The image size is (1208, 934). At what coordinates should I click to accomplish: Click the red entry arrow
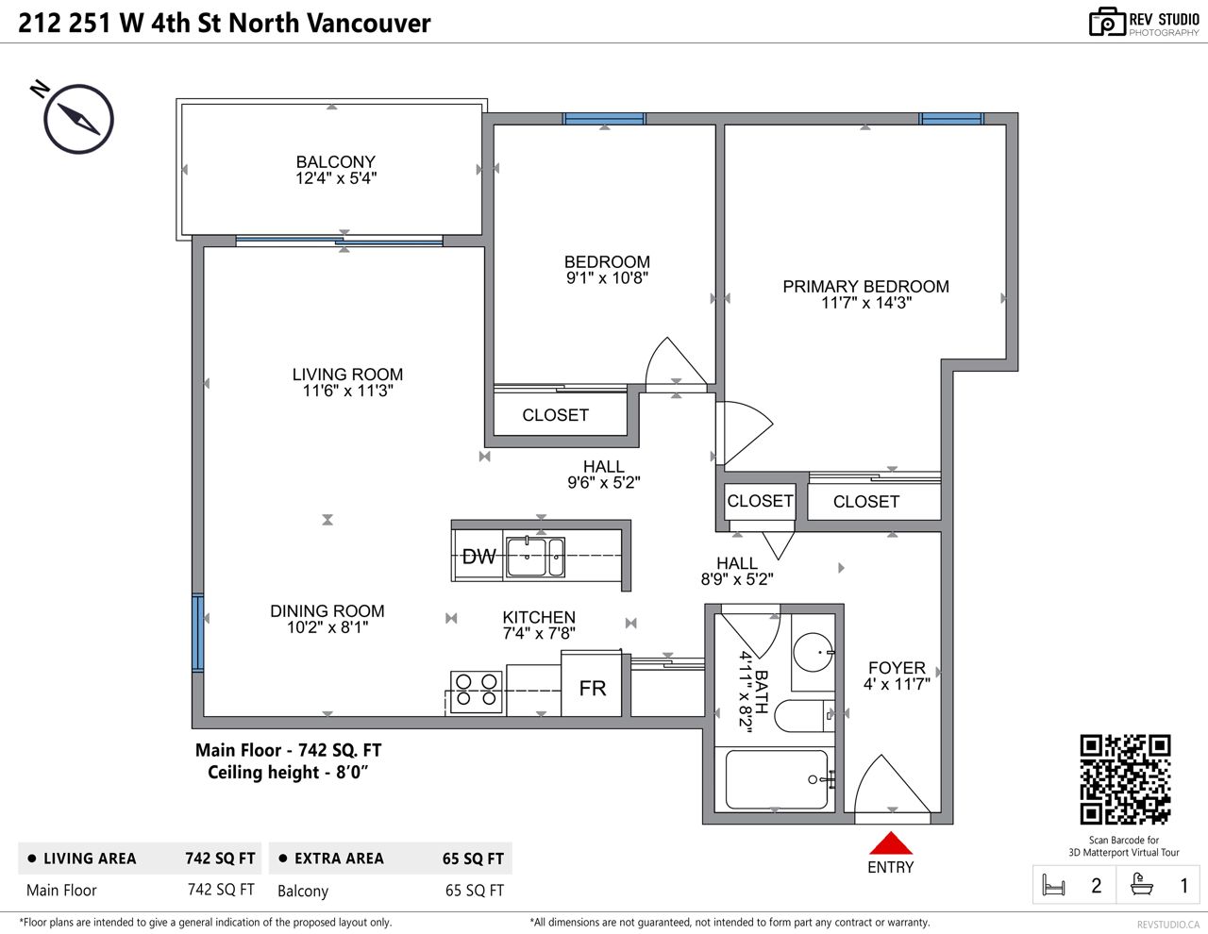[x=891, y=842]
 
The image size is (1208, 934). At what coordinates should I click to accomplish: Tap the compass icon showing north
[x=78, y=119]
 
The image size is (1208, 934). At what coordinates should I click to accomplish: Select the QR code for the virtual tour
[x=1125, y=779]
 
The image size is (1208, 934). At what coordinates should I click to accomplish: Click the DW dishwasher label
[x=478, y=557]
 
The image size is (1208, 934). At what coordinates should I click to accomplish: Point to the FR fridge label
[x=592, y=689]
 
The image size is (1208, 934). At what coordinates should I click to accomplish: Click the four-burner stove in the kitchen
[x=476, y=692]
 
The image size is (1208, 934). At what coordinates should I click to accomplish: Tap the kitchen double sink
[x=535, y=557]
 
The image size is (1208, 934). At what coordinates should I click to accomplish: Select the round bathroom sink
[x=814, y=652]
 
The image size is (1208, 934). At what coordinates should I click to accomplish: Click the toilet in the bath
[x=803, y=716]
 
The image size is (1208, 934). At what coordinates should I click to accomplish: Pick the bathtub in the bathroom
[x=776, y=779]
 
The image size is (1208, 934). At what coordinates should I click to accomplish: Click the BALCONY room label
[x=336, y=161]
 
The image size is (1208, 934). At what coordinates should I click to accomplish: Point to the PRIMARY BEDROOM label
[x=865, y=286]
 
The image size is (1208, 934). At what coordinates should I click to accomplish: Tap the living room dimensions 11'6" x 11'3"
[x=347, y=391]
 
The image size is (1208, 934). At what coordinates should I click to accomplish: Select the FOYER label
[x=897, y=667]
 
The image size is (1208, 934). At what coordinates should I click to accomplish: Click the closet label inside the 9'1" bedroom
[x=555, y=415]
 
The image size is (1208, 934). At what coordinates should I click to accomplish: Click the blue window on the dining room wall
[x=197, y=633]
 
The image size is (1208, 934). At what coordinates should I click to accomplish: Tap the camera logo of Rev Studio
[x=1107, y=22]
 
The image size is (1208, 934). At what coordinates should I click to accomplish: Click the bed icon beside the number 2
[x=1053, y=885]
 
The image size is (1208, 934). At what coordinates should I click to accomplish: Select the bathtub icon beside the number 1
[x=1142, y=884]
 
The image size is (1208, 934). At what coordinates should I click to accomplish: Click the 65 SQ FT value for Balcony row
[x=474, y=890]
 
